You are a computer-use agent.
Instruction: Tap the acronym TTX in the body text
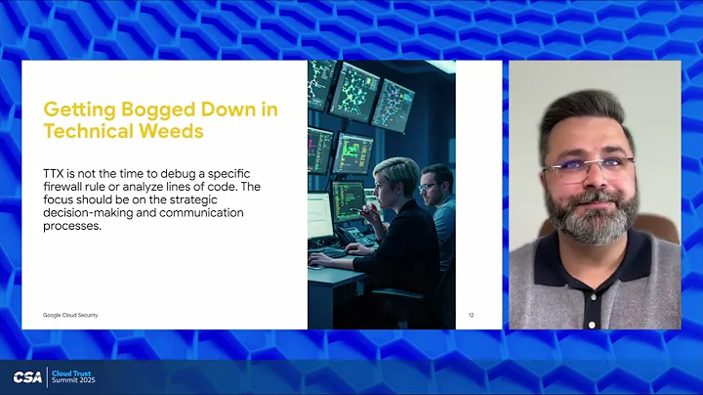click(54, 172)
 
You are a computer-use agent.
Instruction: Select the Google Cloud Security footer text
click(69, 315)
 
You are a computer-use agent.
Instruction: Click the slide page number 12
click(471, 315)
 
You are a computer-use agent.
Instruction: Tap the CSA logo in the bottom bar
click(27, 377)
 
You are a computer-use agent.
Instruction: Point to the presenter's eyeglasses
click(588, 167)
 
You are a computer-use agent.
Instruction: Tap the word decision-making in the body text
click(81, 212)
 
